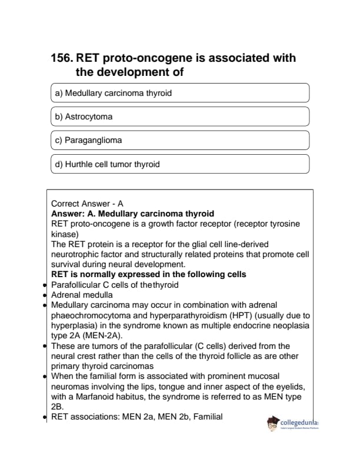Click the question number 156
(62, 58)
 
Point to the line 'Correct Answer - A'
(87, 204)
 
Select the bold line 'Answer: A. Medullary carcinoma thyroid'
(132, 214)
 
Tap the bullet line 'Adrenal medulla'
(82, 295)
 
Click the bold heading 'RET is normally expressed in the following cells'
(148, 275)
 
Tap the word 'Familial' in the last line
(206, 417)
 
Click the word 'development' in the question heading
(134, 72)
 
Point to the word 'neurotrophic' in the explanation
(76, 254)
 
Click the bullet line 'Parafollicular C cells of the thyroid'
(115, 285)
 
